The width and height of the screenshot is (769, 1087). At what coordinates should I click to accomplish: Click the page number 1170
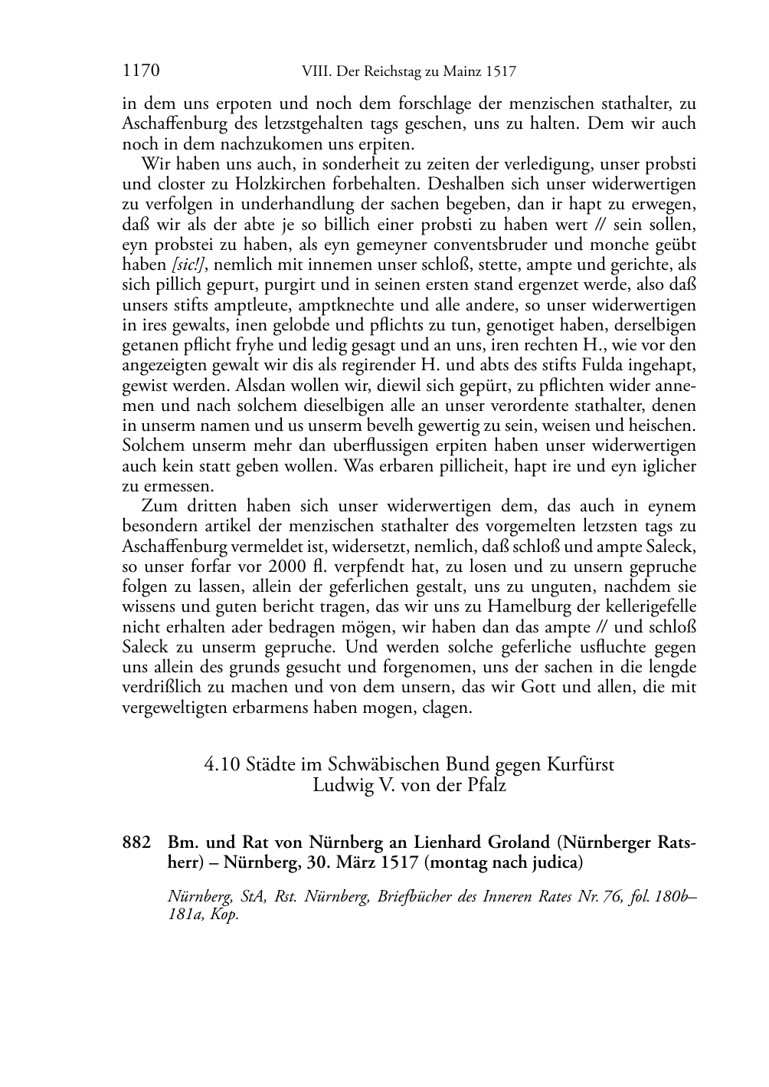(140, 71)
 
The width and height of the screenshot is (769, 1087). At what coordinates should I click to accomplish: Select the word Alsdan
(260, 385)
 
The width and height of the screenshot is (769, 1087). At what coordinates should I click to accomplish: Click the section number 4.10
(222, 764)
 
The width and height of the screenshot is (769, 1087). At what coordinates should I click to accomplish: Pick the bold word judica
(550, 862)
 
